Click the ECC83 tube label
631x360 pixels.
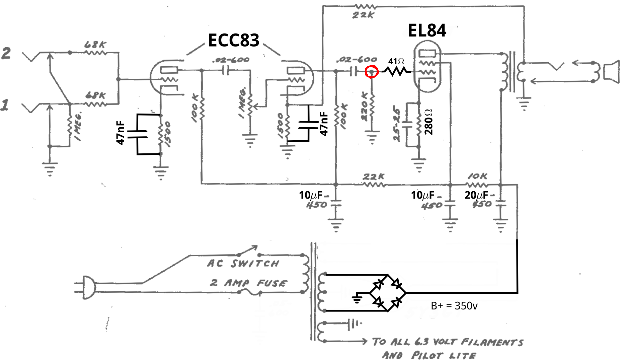coord(233,41)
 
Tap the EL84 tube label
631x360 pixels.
coord(427,30)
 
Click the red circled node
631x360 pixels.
coord(371,71)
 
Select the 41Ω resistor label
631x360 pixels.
coord(396,62)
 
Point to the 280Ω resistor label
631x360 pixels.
coord(428,122)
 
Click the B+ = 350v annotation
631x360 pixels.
coord(454,306)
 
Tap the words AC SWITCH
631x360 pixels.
coord(243,264)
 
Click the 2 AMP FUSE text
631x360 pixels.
coord(248,283)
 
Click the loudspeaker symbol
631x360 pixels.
coord(611,72)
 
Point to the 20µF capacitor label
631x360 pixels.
coord(476,195)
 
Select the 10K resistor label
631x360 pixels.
coord(477,176)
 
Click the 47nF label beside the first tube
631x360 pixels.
coord(121,133)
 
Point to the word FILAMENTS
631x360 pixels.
coord(491,342)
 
